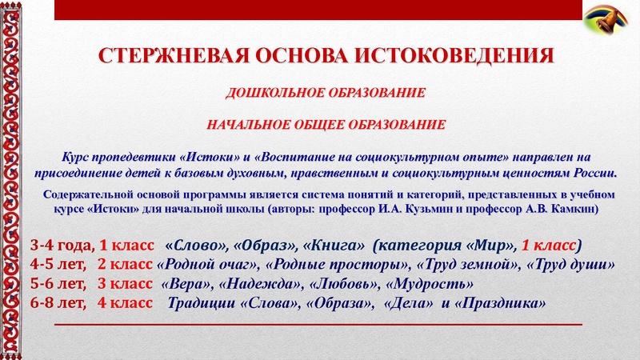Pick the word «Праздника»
pos(506,304)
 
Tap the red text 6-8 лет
pos(58,304)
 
